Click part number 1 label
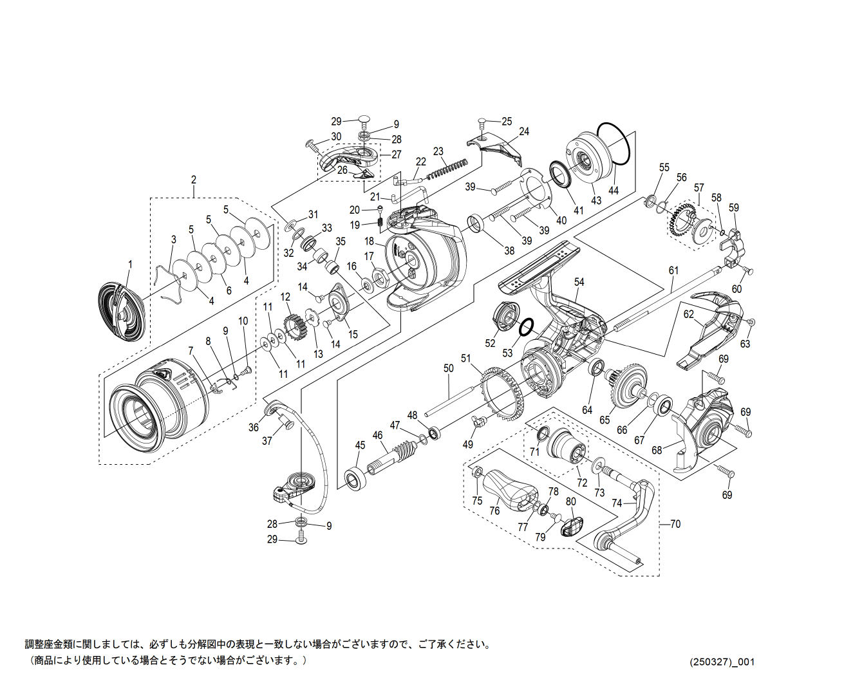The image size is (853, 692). point(129,264)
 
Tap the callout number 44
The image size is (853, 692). point(614,191)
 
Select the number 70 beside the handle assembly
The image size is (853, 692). point(675,524)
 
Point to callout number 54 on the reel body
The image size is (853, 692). point(579,282)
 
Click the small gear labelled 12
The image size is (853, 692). point(295,329)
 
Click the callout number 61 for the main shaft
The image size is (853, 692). point(673,270)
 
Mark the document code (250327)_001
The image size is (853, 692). point(722,662)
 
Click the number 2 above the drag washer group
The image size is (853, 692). point(193,180)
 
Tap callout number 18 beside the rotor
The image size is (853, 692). point(369,241)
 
